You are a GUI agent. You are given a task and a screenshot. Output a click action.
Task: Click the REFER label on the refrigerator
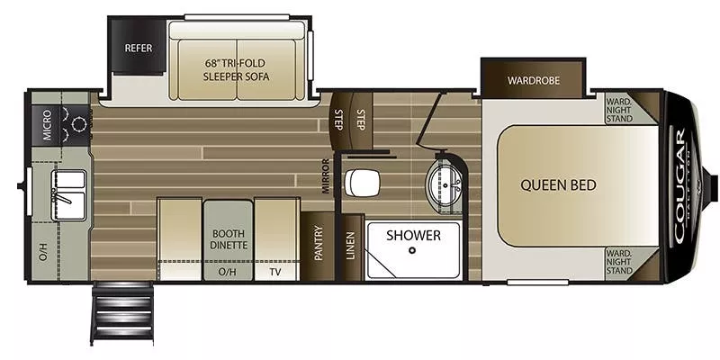click(x=138, y=48)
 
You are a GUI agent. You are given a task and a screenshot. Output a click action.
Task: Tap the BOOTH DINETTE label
click(x=228, y=237)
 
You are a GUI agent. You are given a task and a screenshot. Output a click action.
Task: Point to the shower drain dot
click(x=412, y=251)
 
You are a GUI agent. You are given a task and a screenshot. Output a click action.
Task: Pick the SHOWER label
click(x=413, y=235)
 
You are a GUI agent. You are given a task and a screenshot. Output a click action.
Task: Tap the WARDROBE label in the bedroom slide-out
click(x=533, y=80)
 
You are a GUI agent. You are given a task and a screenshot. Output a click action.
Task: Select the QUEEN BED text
click(x=558, y=185)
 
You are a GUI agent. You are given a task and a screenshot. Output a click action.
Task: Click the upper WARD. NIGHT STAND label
click(x=618, y=108)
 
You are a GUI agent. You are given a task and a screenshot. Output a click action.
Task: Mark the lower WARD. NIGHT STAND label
click(x=618, y=262)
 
